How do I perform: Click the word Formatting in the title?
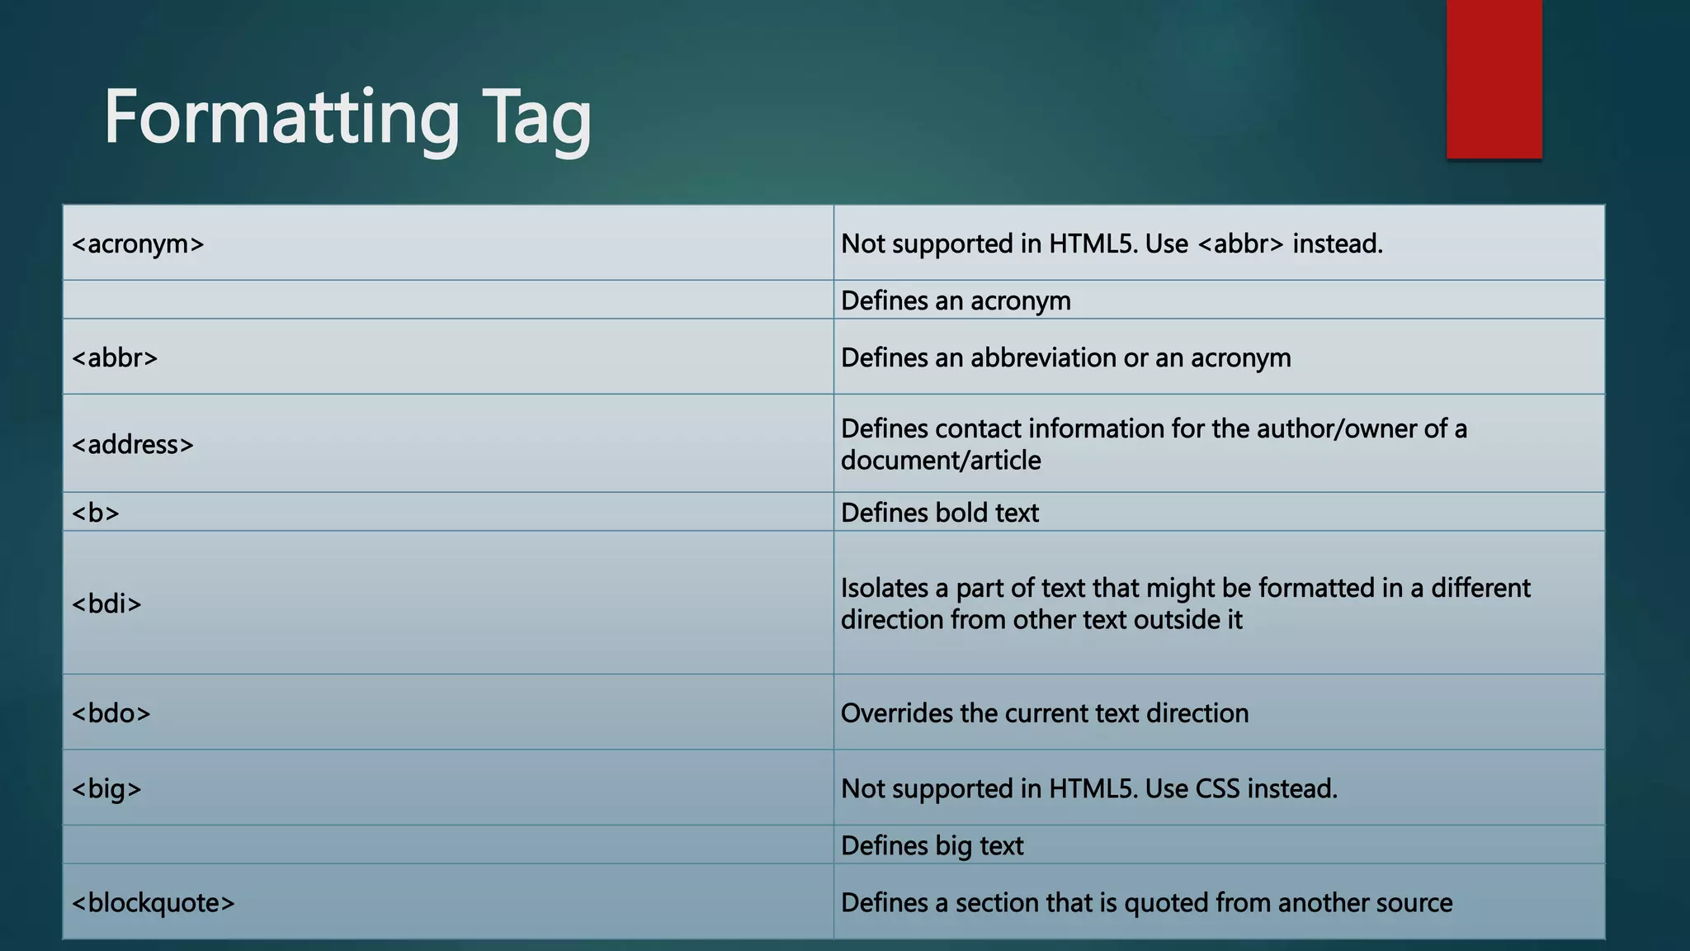[281, 118]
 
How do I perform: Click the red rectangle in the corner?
[1494, 78]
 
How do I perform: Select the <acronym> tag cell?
[138, 244]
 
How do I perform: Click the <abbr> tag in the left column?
[115, 358]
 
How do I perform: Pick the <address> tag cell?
[133, 445]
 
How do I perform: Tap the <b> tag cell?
[96, 513]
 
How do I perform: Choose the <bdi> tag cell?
[106, 604]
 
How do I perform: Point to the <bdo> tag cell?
[111, 713]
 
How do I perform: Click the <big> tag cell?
[106, 789]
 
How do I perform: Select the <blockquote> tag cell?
[153, 903]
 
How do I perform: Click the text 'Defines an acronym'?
[956, 301]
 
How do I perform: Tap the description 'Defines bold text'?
[940, 513]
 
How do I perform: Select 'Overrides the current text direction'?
[1045, 713]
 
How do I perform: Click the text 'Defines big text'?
[932, 846]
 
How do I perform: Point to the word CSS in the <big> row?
[1217, 789]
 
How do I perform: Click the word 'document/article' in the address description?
[941, 461]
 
